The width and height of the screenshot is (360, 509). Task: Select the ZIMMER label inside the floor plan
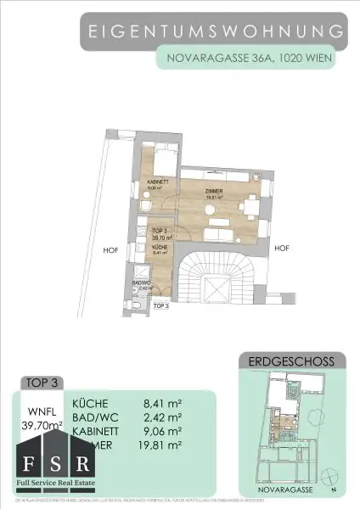pyautogui.click(x=214, y=193)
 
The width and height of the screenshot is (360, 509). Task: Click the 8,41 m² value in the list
pyautogui.click(x=163, y=404)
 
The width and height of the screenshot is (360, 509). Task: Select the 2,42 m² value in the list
pyautogui.click(x=163, y=418)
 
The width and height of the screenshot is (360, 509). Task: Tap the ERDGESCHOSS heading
pyautogui.click(x=290, y=361)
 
